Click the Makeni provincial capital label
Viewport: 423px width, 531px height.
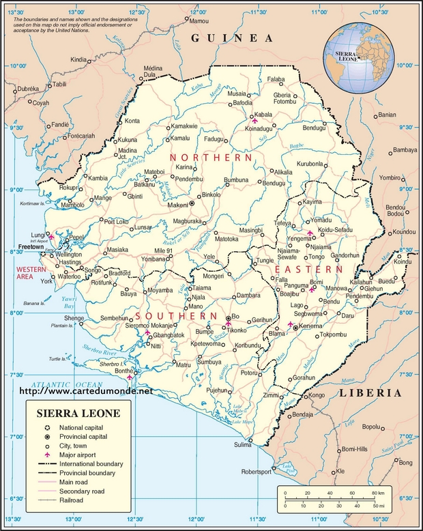pos(177,203)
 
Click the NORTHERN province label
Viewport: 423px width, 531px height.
pos(212,158)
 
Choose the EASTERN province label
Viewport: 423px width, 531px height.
pos(317,270)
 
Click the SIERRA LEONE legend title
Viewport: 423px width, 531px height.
pos(78,414)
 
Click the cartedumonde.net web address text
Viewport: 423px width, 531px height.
pos(95,392)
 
